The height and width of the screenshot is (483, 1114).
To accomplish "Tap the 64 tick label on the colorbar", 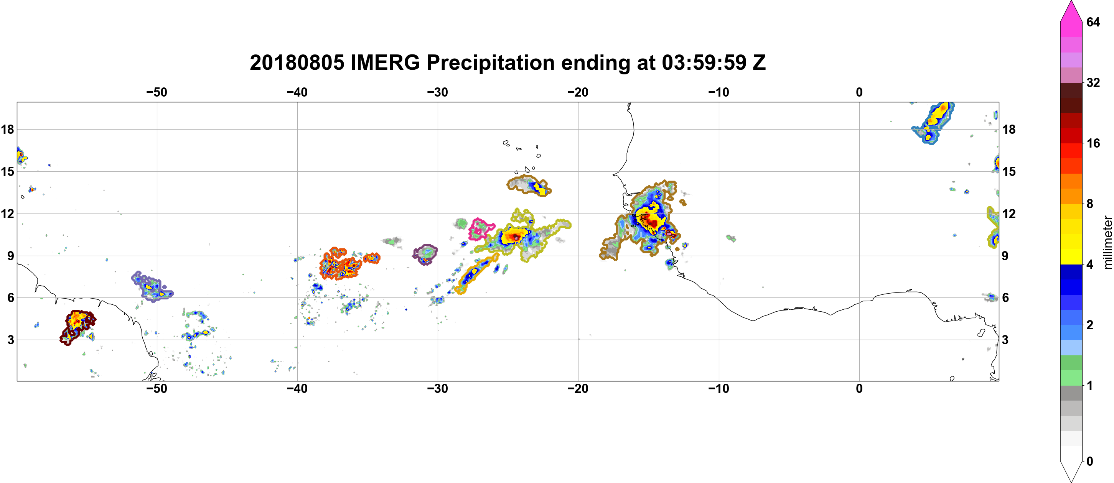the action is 1093,22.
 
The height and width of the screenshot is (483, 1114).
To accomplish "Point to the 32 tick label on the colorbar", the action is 1093,82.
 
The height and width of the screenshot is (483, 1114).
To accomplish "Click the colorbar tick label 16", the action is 1093,143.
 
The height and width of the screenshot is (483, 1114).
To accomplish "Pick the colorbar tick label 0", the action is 1090,462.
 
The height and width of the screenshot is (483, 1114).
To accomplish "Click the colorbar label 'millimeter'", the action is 1107,243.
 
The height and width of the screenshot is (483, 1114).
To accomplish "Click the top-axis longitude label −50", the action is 157,92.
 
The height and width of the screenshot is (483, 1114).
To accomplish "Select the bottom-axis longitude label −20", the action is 578,389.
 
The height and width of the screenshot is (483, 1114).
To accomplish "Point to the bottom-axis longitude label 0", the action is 859,389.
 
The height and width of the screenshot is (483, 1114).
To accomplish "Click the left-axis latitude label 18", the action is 7,129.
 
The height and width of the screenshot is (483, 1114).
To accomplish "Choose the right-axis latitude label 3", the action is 1005,340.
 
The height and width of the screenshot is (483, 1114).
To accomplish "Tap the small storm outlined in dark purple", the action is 425,254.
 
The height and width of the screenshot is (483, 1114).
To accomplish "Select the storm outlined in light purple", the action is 152,287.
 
